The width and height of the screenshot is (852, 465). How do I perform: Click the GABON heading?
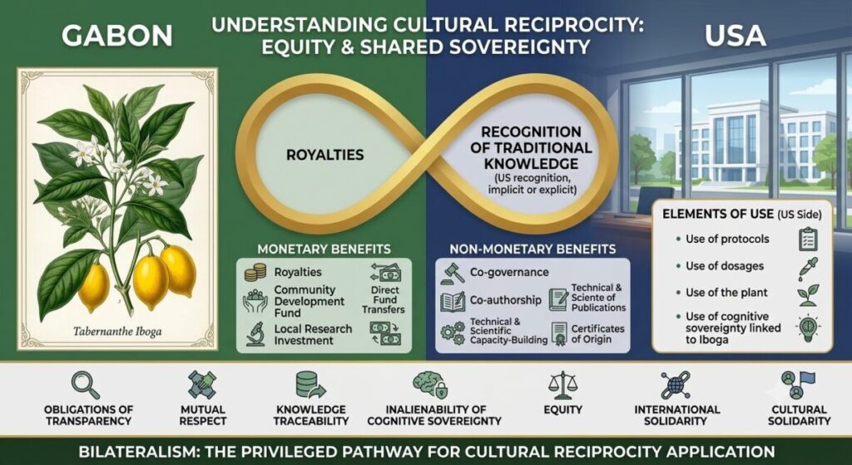[x=116, y=36]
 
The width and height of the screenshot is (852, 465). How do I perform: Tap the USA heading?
[x=736, y=36]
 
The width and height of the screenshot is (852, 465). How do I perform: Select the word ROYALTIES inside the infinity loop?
[x=325, y=155]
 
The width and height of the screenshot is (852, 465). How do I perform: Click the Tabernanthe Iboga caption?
[x=117, y=331]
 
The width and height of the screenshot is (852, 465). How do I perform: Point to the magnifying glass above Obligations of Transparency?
[x=86, y=384]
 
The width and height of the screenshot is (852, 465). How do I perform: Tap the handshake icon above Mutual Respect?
[x=202, y=384]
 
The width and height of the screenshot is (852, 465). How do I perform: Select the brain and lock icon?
[x=430, y=384]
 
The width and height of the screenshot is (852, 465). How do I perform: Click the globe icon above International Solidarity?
[x=676, y=384]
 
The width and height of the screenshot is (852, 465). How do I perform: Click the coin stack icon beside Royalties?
[x=255, y=272]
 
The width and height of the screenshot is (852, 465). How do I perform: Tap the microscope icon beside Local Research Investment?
[x=255, y=334]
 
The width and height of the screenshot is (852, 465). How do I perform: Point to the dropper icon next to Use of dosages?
[x=807, y=268]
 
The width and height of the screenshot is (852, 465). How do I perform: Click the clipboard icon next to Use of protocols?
[x=808, y=239]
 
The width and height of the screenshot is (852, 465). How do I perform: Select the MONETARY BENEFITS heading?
[x=324, y=250]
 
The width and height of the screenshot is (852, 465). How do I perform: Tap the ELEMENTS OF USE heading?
[x=717, y=214]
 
